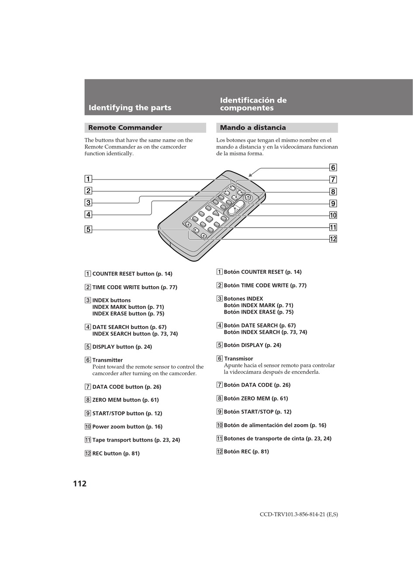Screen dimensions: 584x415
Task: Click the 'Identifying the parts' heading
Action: (130, 107)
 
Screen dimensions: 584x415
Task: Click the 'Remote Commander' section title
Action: (125, 128)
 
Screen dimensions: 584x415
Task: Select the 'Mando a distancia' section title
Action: (253, 128)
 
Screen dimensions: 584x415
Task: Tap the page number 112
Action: (80, 484)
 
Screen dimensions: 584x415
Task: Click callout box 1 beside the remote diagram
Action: (88, 179)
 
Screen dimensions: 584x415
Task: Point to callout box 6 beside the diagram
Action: (333, 168)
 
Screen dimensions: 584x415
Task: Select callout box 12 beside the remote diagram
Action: (333, 239)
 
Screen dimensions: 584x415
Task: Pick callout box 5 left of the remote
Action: (88, 229)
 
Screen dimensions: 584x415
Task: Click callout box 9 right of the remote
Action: (333, 204)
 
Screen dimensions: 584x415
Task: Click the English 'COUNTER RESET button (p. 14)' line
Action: (132, 274)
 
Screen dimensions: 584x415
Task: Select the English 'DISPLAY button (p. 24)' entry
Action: (122, 347)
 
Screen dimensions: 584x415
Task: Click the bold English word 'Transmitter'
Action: (107, 360)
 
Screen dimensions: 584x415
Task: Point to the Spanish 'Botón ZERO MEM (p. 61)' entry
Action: (256, 398)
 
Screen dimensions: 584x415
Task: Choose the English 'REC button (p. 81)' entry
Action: (116, 453)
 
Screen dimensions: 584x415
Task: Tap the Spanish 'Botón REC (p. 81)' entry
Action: (246, 452)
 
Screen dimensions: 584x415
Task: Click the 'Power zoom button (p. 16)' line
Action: (127, 427)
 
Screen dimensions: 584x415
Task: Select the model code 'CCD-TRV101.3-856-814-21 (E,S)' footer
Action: (299, 514)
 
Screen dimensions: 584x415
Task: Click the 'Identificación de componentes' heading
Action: (253, 104)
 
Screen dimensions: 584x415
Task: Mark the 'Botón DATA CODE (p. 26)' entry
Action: (257, 385)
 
